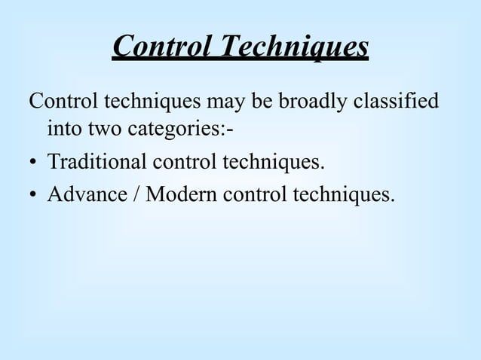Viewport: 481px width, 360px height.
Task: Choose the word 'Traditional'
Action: (97, 162)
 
